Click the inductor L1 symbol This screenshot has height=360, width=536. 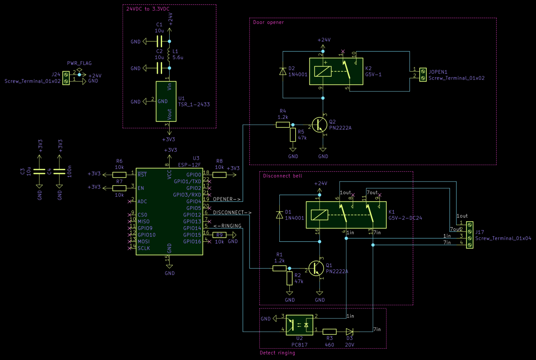[170, 55]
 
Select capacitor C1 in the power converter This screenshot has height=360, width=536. [159, 41]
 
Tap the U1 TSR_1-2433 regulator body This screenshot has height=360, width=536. [166, 101]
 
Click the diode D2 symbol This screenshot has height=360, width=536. [283, 71]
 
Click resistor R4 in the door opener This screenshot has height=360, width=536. [283, 125]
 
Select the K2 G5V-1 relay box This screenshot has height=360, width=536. [336, 72]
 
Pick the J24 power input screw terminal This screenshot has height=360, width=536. [66, 78]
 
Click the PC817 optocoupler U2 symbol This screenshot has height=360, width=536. [299, 325]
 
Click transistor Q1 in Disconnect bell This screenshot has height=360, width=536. [317, 267]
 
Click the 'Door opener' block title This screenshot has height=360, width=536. [268, 23]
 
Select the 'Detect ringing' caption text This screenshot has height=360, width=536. [277, 353]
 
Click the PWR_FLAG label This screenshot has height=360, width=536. [79, 63]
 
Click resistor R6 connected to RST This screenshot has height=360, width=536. [119, 174]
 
